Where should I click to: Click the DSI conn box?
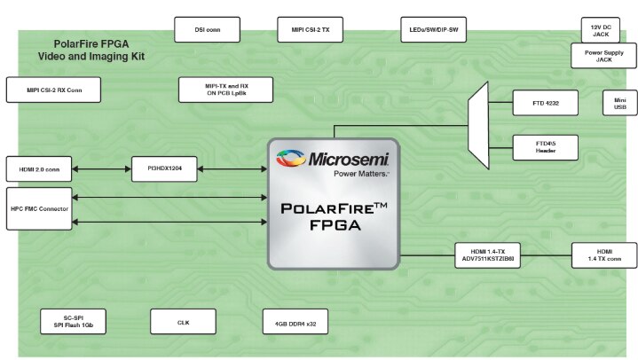(x=207, y=29)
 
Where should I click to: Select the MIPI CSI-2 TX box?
(x=310, y=29)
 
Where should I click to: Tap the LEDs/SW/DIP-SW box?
(x=433, y=29)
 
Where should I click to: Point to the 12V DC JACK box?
(x=601, y=30)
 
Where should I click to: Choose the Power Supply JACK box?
(x=603, y=56)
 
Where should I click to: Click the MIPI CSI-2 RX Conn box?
(x=53, y=90)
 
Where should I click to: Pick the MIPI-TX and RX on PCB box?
(x=225, y=90)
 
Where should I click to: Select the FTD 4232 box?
(x=545, y=103)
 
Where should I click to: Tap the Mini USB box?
(x=619, y=103)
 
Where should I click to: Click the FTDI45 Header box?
(x=545, y=147)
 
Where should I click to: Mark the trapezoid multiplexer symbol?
(x=478, y=125)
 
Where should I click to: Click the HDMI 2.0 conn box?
(x=39, y=168)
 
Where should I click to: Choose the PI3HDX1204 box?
(x=164, y=168)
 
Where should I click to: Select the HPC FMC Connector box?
(x=39, y=208)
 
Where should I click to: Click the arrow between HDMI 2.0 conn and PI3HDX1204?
(x=102, y=168)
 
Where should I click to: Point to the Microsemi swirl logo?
(x=290, y=158)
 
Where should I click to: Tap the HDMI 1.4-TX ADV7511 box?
(x=487, y=255)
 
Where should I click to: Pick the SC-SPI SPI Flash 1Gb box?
(x=74, y=321)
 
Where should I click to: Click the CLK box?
(x=183, y=321)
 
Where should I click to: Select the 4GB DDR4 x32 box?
(x=295, y=321)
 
